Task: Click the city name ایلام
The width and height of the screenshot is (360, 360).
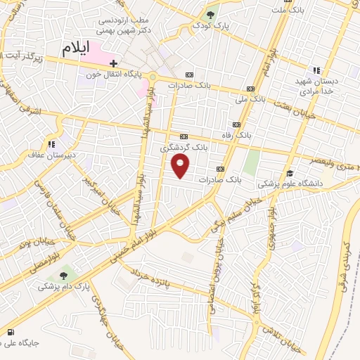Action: pos(77,49)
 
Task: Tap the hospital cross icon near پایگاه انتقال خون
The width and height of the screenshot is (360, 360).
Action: pos(113,63)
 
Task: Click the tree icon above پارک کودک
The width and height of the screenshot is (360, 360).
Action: pos(210,14)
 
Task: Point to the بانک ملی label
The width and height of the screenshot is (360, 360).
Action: pos(251,98)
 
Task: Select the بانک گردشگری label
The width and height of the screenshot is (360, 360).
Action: pos(184,147)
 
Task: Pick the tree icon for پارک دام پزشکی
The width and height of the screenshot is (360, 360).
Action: pos(64,275)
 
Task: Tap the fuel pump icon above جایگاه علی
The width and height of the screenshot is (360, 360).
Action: pos(9,331)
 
